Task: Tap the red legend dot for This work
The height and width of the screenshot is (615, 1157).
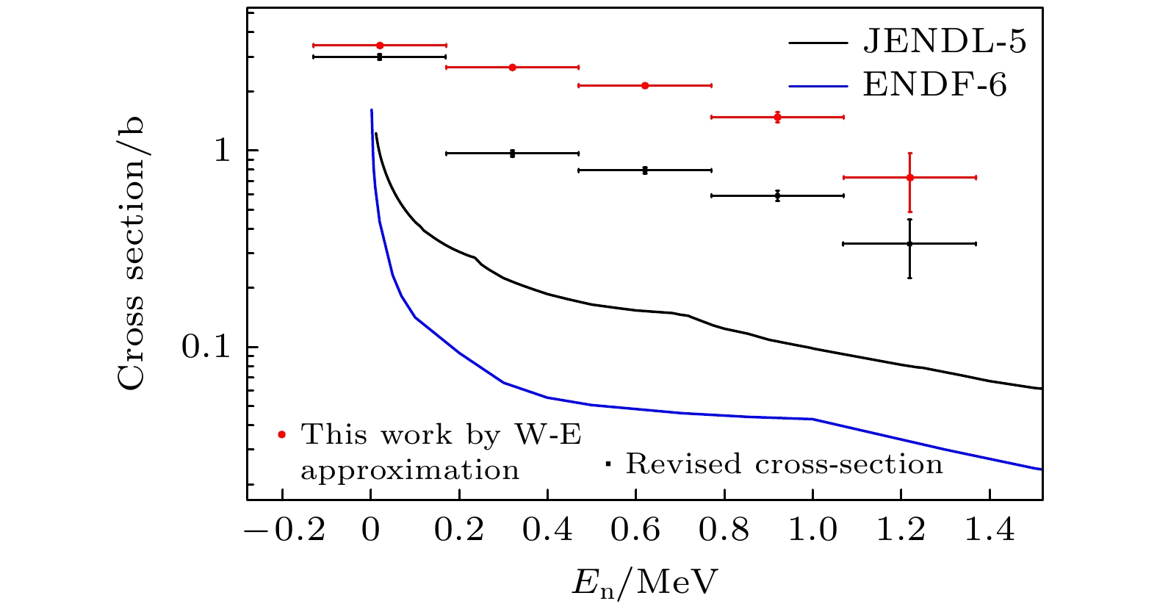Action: coord(281,434)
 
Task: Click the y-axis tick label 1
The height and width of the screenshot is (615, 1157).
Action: coord(222,151)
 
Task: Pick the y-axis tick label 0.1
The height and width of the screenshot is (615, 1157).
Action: coord(206,347)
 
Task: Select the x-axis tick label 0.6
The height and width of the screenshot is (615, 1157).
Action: coord(635,530)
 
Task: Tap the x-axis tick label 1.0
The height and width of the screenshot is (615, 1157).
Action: coord(812,530)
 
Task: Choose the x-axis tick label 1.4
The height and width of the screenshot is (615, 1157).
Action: coord(989,530)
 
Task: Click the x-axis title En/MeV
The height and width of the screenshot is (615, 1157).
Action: coord(644,583)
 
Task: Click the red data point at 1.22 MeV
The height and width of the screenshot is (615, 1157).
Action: coord(909,177)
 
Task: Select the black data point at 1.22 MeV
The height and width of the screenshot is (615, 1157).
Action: coord(909,243)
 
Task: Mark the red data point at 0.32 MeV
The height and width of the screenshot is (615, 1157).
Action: coord(512,67)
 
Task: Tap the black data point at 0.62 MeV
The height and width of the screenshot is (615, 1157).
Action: coord(645,170)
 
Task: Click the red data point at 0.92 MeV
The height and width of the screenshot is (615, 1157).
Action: coord(777,117)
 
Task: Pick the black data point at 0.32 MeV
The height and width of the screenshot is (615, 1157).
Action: coord(512,153)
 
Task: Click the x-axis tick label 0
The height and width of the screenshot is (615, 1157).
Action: coord(370,530)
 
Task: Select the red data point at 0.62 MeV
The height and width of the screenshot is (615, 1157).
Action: coord(645,85)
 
